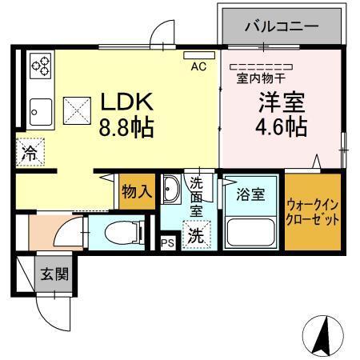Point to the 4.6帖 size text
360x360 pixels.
[280, 127]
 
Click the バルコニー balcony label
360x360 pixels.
[280, 26]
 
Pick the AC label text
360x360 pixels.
[198, 67]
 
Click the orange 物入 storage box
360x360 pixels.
[136, 192]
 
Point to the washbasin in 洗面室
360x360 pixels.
[172, 190]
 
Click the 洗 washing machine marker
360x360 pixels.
[194, 236]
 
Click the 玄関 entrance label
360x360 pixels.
[54, 274]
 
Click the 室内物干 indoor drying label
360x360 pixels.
[261, 78]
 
